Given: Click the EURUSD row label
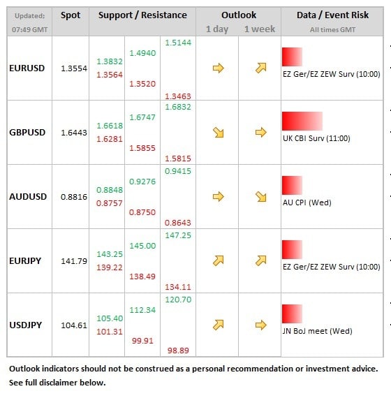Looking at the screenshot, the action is pyautogui.click(x=27, y=68).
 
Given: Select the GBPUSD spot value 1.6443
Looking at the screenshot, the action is pyautogui.click(x=74, y=133).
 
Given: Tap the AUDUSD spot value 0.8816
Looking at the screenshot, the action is pyautogui.click(x=74, y=197).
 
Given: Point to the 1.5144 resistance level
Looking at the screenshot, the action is pyautogui.click(x=178, y=43).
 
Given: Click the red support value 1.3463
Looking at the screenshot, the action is pyautogui.click(x=178, y=96).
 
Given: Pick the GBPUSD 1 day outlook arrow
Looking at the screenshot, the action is pyautogui.click(x=219, y=133).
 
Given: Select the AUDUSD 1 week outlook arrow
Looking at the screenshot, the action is pyautogui.click(x=260, y=197).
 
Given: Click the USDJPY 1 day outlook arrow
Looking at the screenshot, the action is pyautogui.click(x=219, y=325).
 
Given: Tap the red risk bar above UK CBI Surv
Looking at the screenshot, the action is pyautogui.click(x=302, y=121).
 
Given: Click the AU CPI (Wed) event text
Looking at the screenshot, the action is pyautogui.click(x=307, y=202).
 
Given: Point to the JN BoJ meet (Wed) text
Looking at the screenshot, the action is pyautogui.click(x=318, y=331).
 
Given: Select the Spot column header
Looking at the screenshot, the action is pyautogui.click(x=71, y=15).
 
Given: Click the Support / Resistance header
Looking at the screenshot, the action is pyautogui.click(x=142, y=15).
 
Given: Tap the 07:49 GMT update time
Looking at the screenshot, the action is pyautogui.click(x=30, y=30).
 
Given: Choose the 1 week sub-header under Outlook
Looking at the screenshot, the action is pyautogui.click(x=260, y=29).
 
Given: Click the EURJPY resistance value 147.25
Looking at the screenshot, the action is pyautogui.click(x=178, y=235).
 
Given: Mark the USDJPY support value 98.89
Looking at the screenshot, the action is pyautogui.click(x=178, y=351).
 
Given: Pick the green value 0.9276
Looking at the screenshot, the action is pyautogui.click(x=142, y=182).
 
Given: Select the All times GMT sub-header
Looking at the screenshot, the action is pyautogui.click(x=332, y=30).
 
